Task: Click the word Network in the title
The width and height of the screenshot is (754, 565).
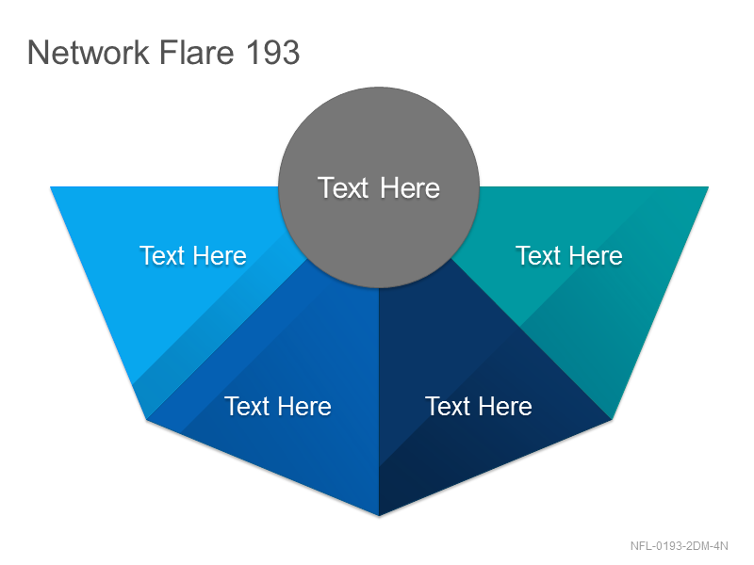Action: (89, 52)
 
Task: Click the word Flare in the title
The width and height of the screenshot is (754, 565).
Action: (196, 52)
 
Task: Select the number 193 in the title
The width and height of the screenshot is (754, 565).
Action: (272, 52)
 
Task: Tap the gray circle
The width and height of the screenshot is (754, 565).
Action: (379, 187)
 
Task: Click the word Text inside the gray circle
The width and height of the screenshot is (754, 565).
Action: (343, 187)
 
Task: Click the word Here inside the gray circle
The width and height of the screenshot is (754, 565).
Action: (410, 187)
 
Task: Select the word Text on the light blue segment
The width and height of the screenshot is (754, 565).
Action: (162, 255)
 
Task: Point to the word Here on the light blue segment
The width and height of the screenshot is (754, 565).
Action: (220, 255)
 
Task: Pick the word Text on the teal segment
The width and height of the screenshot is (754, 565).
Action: (538, 255)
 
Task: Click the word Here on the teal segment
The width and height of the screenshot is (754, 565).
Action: (596, 255)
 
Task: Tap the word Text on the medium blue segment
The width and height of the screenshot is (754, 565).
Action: (247, 407)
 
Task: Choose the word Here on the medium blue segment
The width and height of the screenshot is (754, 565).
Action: (304, 407)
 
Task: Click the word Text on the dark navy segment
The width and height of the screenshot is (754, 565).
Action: (448, 407)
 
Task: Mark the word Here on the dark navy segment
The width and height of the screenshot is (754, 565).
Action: (505, 407)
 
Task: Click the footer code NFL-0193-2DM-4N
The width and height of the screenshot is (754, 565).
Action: (679, 546)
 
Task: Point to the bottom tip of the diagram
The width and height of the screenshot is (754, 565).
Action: (379, 516)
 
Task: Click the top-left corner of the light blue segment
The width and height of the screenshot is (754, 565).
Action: (51, 186)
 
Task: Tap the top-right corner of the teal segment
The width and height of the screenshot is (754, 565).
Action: (709, 186)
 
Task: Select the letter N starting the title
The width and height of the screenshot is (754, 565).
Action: (39, 52)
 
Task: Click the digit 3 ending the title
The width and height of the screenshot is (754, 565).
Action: (290, 52)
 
